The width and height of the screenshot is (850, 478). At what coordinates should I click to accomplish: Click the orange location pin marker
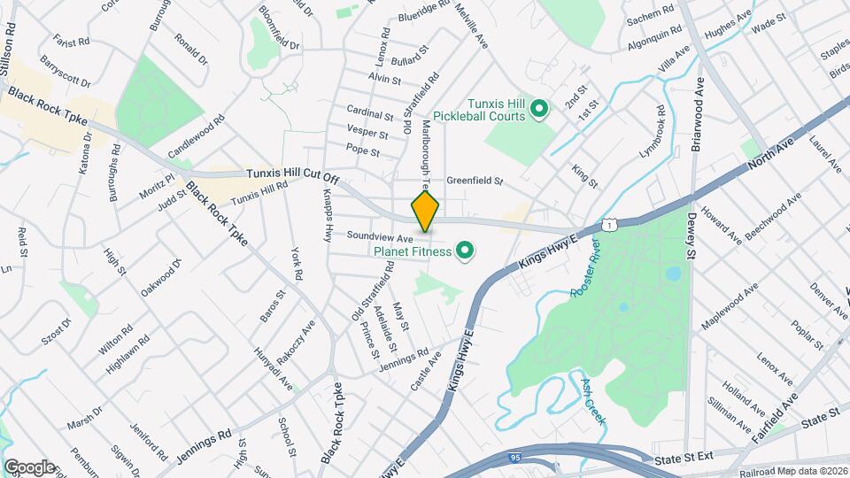425,212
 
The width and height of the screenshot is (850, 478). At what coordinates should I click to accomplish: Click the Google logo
28,466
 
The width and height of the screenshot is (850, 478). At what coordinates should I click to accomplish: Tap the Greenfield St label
474,181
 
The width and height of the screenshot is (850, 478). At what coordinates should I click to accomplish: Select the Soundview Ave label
380,238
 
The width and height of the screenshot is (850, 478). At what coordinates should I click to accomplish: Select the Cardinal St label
369,115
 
